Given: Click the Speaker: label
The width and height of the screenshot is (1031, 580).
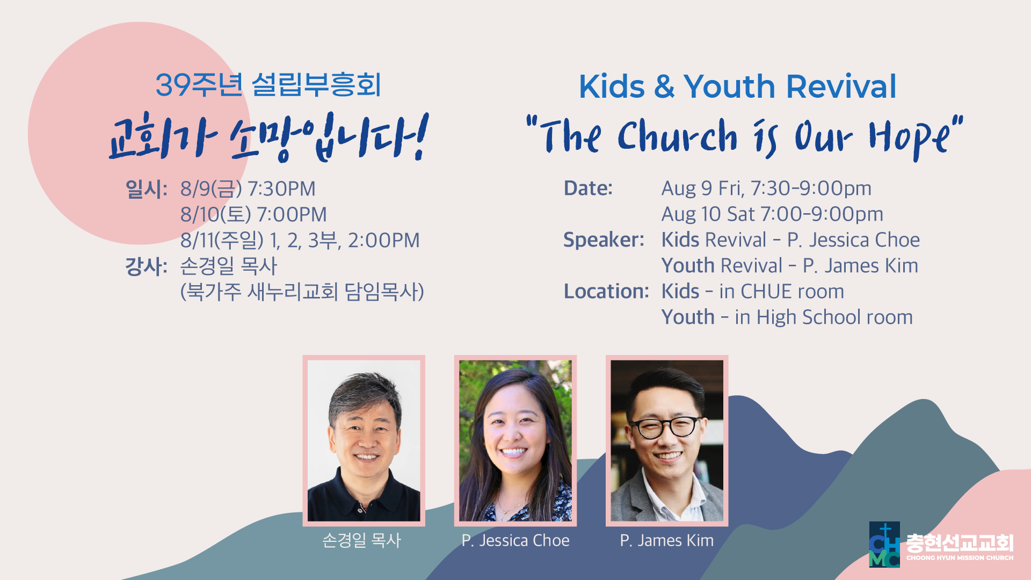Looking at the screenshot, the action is (604, 240).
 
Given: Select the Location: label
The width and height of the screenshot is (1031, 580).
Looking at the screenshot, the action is (606, 291).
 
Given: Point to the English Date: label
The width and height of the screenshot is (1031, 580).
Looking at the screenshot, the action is (588, 188).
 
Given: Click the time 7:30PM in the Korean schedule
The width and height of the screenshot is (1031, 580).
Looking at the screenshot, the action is (281, 189).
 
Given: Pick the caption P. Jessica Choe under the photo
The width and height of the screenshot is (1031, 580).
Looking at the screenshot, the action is (515, 540).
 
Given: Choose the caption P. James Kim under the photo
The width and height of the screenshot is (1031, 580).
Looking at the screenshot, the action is (667, 540).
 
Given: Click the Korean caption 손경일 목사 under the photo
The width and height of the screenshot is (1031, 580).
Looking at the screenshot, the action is (362, 540).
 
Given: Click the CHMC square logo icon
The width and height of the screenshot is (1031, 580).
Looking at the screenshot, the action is (884, 544).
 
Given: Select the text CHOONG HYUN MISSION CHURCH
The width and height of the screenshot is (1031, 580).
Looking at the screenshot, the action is (960, 557).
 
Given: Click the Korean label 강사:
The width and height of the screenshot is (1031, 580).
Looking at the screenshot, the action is (146, 266).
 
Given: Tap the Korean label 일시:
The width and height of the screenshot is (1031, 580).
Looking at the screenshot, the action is (146, 189).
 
